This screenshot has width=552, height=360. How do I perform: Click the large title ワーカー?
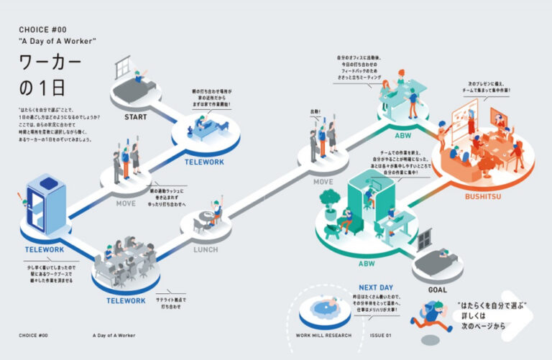[50, 63]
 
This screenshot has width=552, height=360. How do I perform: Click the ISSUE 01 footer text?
[380, 336]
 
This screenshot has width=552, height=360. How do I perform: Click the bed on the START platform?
[136, 90]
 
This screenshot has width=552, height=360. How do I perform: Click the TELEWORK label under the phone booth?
[45, 249]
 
